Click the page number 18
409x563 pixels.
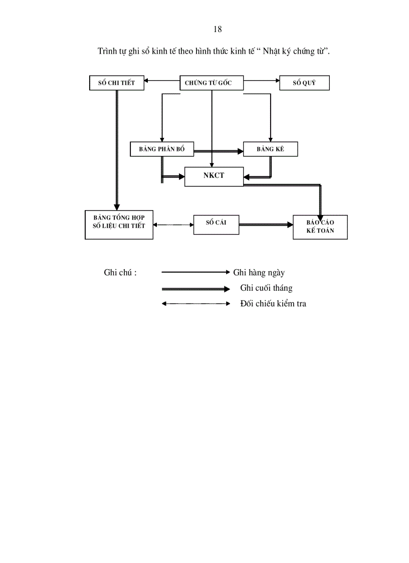point(218,29)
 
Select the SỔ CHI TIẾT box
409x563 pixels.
point(116,83)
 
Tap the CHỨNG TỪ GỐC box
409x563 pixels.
point(211,83)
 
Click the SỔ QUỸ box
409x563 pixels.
point(304,83)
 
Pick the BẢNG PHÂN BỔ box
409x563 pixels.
point(161,149)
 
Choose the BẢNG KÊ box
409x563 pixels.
point(270,149)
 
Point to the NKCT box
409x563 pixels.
point(214,176)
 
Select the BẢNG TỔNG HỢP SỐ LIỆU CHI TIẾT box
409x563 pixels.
point(119,225)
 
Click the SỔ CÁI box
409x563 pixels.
point(216,224)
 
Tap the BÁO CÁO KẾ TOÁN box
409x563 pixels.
point(320,227)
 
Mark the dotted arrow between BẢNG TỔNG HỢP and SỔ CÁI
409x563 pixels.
point(173,225)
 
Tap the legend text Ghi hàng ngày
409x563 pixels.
point(259,273)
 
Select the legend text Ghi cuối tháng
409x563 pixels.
point(266,288)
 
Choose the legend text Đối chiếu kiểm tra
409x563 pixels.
point(273,304)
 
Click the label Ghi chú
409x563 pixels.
point(120,273)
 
